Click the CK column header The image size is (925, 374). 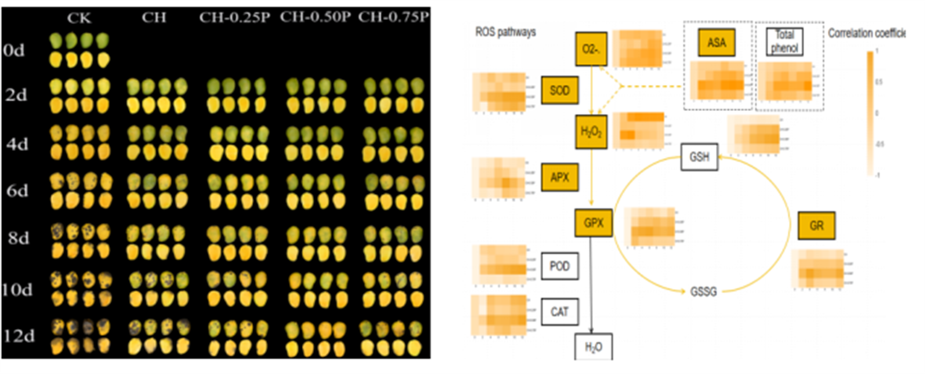(79, 18)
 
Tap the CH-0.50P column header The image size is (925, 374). (315, 17)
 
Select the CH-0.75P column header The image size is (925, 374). (394, 17)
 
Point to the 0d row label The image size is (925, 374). (14, 50)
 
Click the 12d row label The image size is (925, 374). (19, 336)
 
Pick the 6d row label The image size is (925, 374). (17, 191)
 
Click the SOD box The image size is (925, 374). (560, 90)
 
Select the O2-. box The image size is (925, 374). (591, 49)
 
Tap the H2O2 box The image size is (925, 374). (591, 132)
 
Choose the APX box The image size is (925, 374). (560, 177)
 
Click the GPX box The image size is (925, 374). (594, 223)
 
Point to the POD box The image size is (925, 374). (560, 266)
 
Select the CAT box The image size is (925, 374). (560, 312)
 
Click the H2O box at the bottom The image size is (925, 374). (594, 347)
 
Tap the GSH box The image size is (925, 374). (699, 157)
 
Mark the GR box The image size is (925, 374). (816, 226)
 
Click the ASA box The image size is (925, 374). (716, 43)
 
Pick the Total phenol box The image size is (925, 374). (784, 42)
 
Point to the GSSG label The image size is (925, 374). (703, 292)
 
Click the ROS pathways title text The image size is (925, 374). (505, 32)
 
